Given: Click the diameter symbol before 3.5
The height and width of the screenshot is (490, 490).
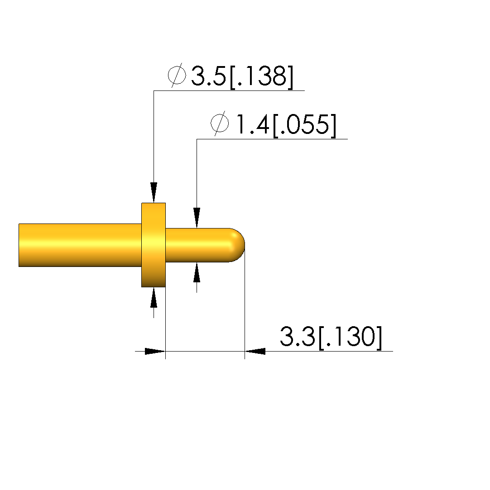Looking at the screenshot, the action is click(x=177, y=75).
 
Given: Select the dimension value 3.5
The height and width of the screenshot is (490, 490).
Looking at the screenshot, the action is click(x=208, y=76).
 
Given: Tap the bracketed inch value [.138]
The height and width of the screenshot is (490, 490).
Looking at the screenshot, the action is click(x=261, y=77).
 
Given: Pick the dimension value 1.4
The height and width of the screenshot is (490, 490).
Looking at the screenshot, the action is click(x=252, y=124).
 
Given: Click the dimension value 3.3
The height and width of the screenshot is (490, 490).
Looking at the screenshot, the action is click(x=297, y=336).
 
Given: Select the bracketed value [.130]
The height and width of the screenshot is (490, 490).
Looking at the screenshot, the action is click(x=350, y=338).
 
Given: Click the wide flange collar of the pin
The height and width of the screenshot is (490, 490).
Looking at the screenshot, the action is click(x=154, y=245).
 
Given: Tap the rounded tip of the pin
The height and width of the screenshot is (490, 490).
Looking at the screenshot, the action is click(x=237, y=245).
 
